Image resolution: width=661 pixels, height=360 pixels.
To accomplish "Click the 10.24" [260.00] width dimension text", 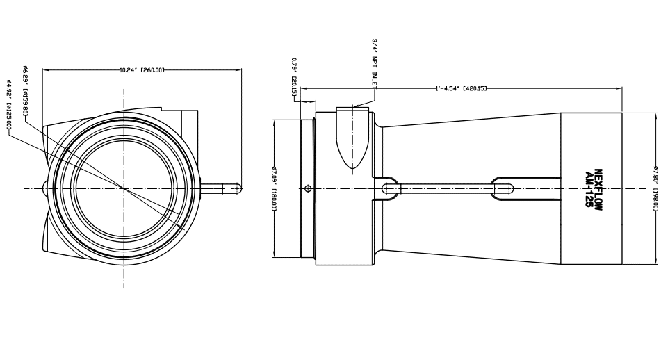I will pos(142,69).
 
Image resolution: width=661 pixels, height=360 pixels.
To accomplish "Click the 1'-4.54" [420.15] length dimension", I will pos(461,88).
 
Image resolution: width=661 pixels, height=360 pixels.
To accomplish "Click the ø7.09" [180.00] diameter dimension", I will pos(277,188).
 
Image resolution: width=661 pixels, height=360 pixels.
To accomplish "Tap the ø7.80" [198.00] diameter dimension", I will pos(655,188).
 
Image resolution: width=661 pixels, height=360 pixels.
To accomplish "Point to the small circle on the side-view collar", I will pos(308,187).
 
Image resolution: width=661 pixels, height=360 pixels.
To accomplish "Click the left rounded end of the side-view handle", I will pos(387,186).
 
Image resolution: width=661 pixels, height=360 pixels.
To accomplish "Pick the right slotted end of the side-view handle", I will pos(503,186).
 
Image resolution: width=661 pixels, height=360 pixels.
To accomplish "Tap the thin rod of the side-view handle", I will pos(445,186).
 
